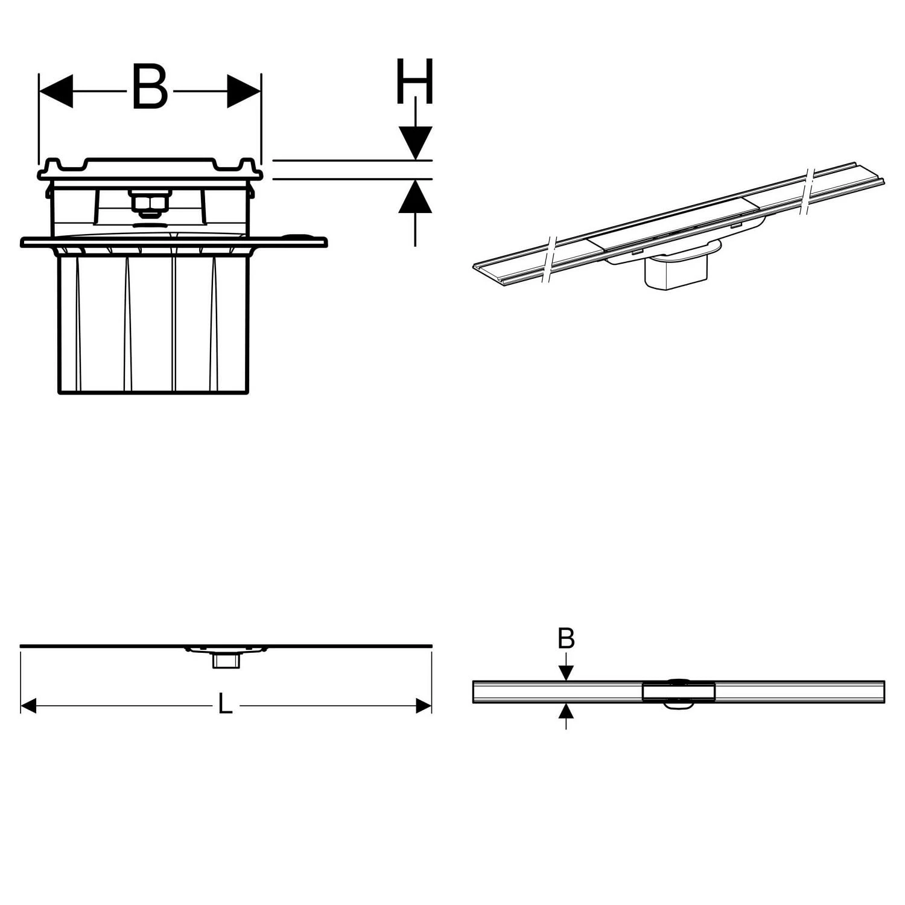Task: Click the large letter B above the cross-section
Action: tap(149, 88)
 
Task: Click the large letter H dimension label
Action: tap(414, 81)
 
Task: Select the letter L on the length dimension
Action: tap(225, 704)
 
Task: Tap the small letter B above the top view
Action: tap(566, 638)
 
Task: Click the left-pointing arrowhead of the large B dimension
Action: tap(56, 92)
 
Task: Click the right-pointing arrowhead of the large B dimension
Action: tap(244, 92)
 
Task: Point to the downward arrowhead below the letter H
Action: tap(415, 144)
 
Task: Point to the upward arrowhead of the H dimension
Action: tap(415, 197)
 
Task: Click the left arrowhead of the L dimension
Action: tap(28, 705)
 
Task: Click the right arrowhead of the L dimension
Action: tap(424, 705)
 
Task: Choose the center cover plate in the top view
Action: tap(679, 692)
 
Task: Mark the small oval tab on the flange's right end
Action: tap(299, 238)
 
